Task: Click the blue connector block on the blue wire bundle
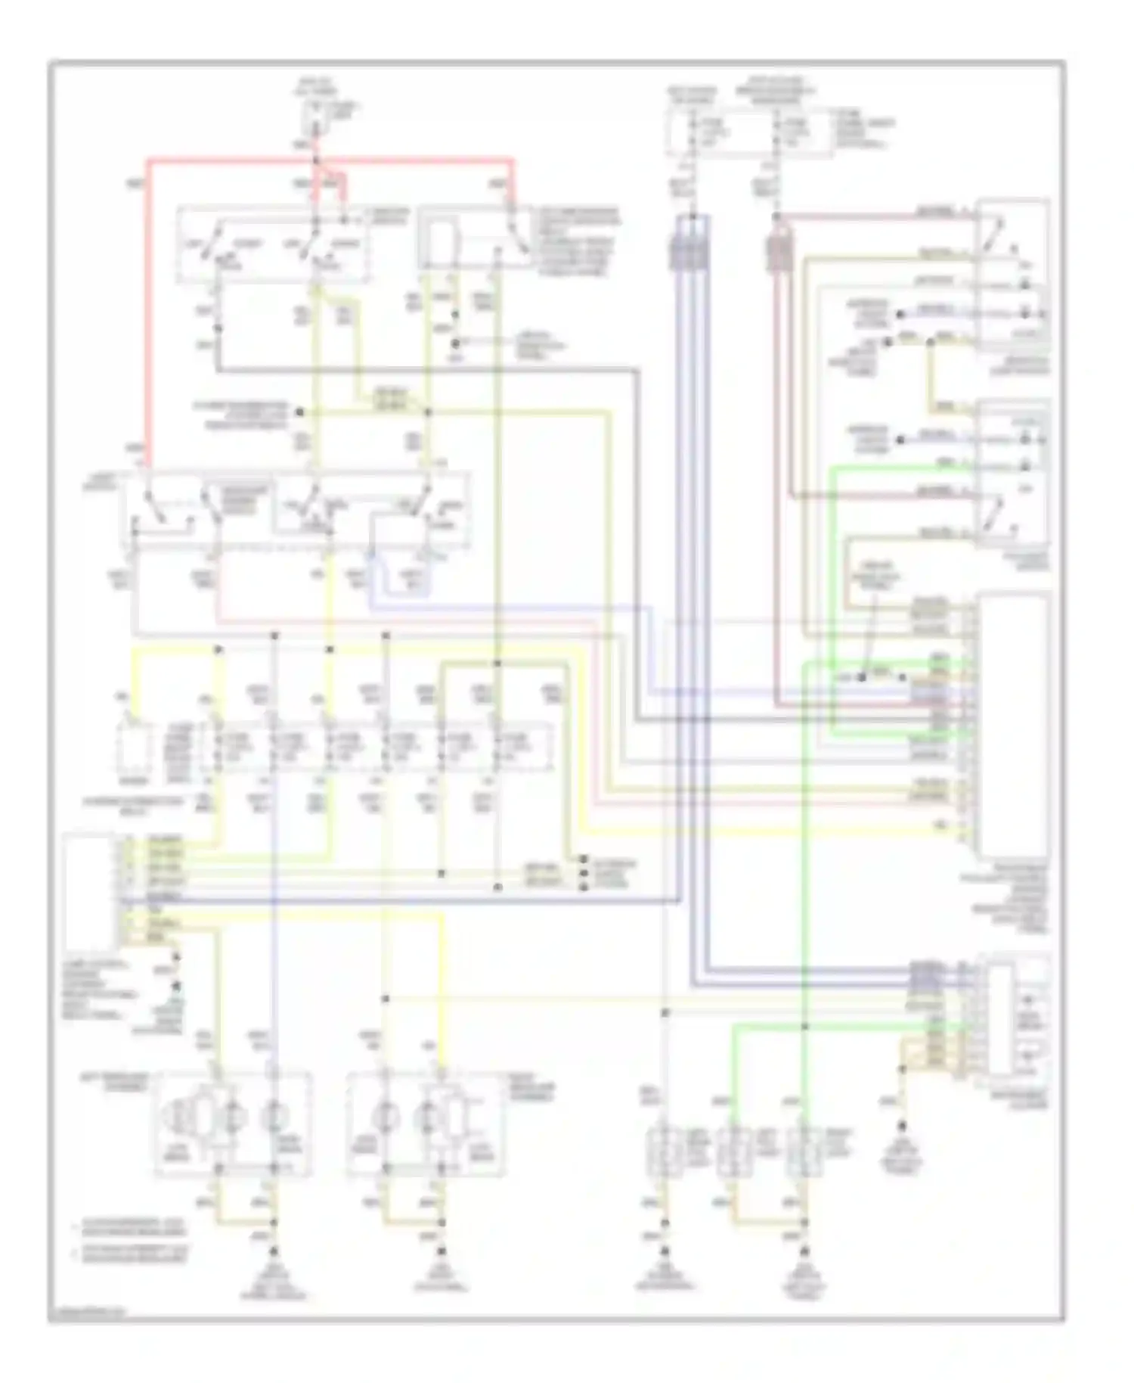click(x=688, y=252)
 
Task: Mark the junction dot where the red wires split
click(x=316, y=160)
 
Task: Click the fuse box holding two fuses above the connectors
click(x=748, y=132)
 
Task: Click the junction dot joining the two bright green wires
click(x=804, y=1027)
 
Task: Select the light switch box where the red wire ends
click(x=295, y=511)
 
